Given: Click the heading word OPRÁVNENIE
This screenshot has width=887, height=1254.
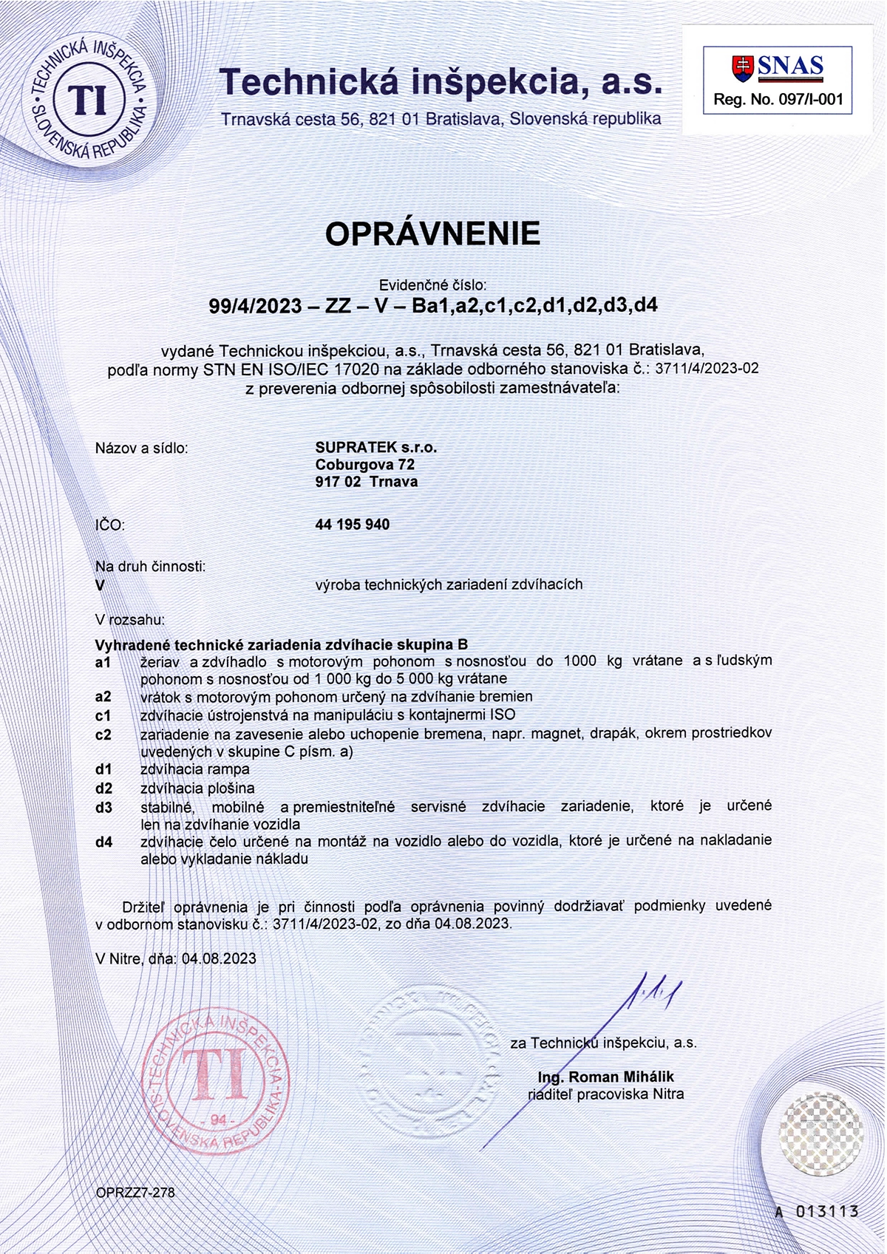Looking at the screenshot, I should (432, 234).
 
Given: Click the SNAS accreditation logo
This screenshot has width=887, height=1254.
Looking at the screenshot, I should (778, 67).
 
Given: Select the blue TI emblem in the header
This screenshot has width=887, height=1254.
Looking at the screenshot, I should (88, 99).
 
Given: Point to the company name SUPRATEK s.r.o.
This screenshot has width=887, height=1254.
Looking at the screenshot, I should (375, 447).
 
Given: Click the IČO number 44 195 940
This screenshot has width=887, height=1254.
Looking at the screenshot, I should (352, 525).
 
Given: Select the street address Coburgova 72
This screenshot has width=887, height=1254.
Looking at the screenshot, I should (364, 465).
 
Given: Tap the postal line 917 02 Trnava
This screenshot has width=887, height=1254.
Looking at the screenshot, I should (366, 482).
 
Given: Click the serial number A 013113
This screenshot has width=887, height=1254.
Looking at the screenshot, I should (817, 1212).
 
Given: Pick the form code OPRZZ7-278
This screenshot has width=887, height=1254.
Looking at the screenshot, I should (135, 1192).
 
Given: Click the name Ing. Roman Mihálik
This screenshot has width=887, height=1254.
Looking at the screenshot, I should (605, 1077).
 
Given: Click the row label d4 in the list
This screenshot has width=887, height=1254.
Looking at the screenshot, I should (103, 842).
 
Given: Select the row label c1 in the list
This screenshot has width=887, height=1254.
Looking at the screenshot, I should (103, 715).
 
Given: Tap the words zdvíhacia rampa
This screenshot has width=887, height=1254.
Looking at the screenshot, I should (195, 769).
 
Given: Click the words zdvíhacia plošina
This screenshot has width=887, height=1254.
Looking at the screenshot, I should (197, 788).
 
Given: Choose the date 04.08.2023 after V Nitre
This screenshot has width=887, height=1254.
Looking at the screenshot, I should (219, 958).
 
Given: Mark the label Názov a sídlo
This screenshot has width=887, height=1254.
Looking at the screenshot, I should (141, 448).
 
